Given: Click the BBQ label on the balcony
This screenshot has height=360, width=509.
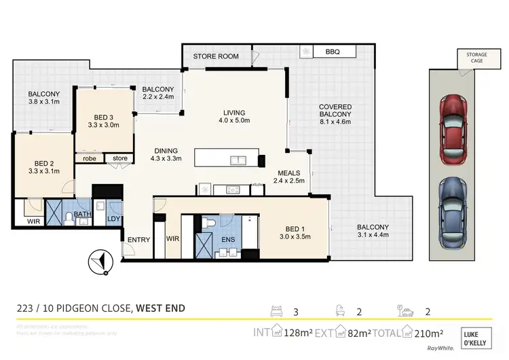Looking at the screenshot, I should pyautogui.click(x=333, y=52).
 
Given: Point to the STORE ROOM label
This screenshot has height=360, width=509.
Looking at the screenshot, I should pyautogui.click(x=216, y=56).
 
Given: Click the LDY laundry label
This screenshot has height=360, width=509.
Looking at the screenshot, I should pyautogui.click(x=113, y=219).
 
